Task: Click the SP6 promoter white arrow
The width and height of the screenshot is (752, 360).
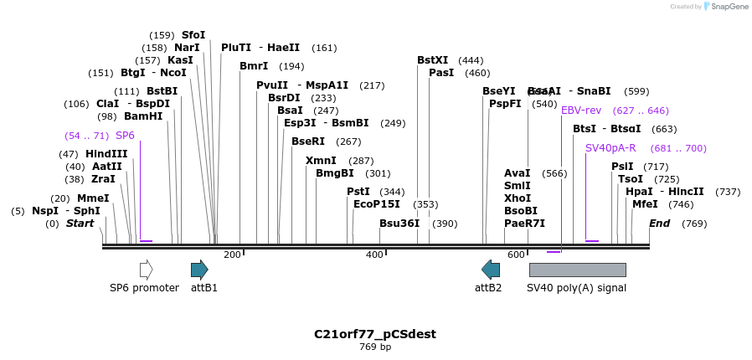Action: tap(147, 270)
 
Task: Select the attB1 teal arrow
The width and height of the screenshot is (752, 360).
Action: tap(199, 270)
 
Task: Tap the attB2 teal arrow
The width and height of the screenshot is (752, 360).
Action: tap(491, 270)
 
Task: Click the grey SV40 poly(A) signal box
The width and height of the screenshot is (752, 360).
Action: tap(577, 270)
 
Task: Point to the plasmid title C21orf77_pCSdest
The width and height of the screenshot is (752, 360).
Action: tap(375, 334)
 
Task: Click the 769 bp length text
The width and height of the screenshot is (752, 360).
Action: tap(375, 347)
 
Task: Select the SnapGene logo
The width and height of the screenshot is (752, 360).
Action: tap(725, 7)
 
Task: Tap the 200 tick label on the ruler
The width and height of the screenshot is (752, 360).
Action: tap(232, 255)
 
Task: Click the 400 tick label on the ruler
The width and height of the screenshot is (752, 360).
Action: tap(374, 255)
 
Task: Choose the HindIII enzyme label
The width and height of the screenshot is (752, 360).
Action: tap(106, 154)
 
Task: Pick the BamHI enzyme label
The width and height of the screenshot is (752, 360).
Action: tap(143, 116)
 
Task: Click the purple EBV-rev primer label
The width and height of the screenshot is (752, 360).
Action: tap(581, 111)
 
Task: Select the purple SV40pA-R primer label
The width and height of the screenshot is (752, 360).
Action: tap(610, 148)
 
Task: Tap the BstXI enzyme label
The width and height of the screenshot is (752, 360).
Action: tap(433, 60)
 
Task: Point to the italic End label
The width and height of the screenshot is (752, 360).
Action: tap(660, 224)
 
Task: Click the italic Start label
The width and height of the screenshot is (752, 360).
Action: tap(80, 224)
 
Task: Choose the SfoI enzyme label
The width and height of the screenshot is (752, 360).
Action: tap(193, 35)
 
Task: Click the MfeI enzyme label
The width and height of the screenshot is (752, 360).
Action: tap(645, 204)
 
